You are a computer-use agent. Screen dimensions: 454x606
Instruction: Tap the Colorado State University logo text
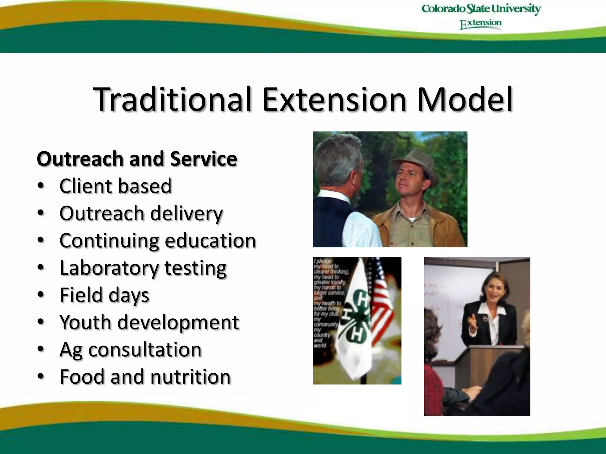coord(481,9)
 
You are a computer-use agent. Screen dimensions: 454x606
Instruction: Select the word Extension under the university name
coord(481,24)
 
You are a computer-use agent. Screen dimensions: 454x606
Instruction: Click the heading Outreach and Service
coord(137,159)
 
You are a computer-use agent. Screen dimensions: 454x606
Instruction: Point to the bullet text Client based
coord(115,186)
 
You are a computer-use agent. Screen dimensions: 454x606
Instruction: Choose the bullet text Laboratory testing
coord(143,268)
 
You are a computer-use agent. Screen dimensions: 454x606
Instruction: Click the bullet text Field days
coord(104,295)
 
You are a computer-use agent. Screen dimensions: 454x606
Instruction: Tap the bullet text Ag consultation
coord(130,350)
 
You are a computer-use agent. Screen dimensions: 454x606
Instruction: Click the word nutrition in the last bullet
coord(190,377)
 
